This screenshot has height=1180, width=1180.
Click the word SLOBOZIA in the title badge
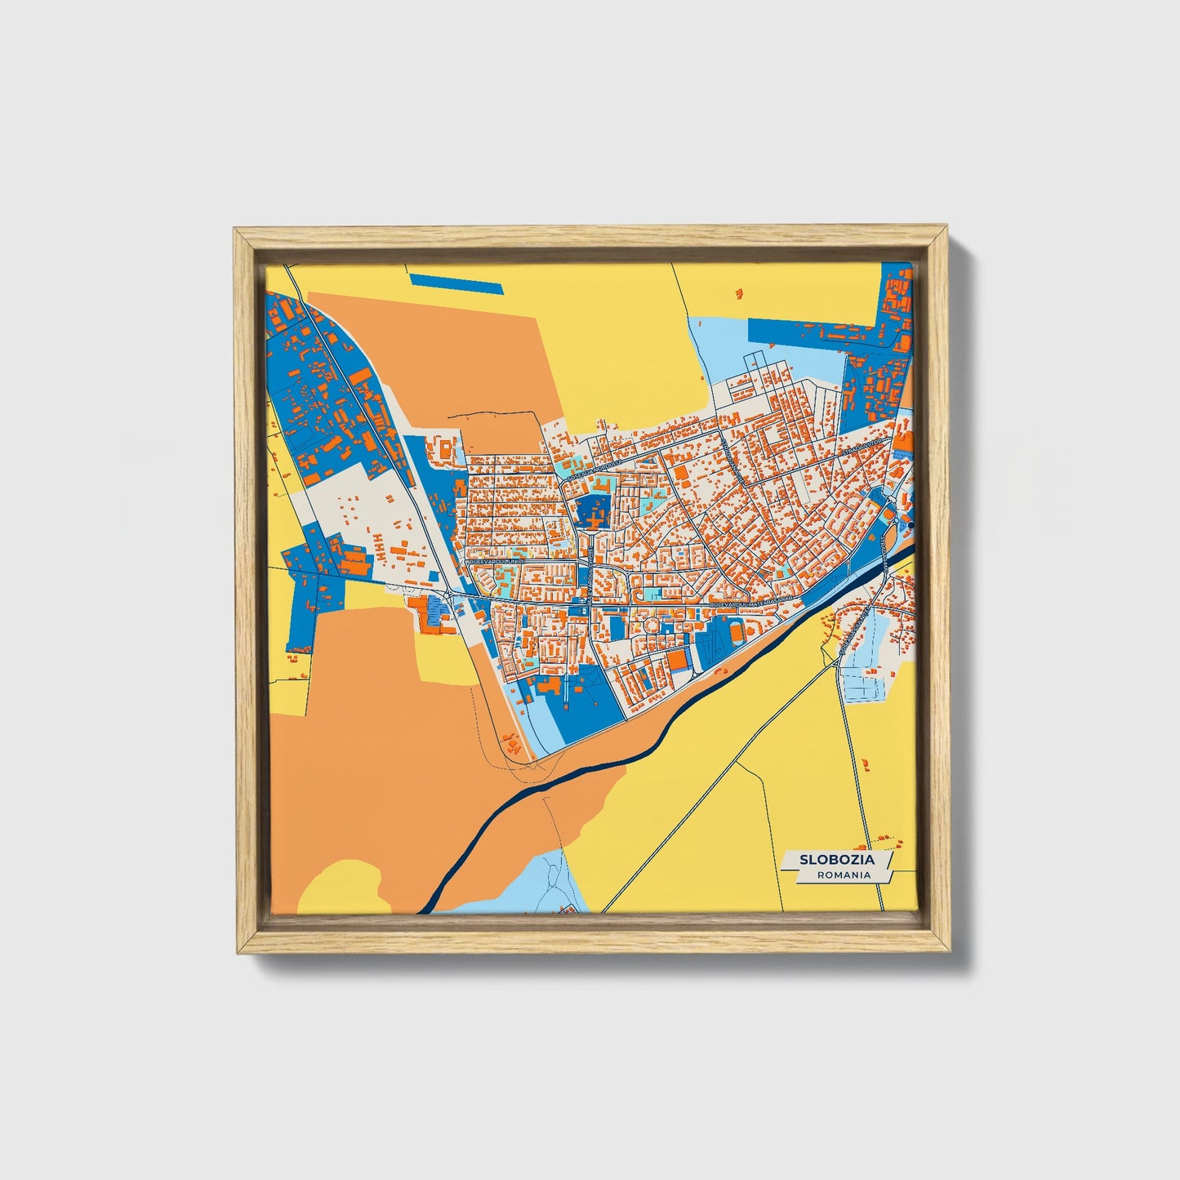(837, 860)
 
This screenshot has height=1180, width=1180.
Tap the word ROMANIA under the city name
(843, 875)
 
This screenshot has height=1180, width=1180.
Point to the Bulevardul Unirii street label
(495, 563)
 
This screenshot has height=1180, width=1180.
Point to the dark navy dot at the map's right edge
(911, 525)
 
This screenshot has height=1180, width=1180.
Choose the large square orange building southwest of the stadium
(678, 659)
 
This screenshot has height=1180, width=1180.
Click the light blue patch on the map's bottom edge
(543, 882)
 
